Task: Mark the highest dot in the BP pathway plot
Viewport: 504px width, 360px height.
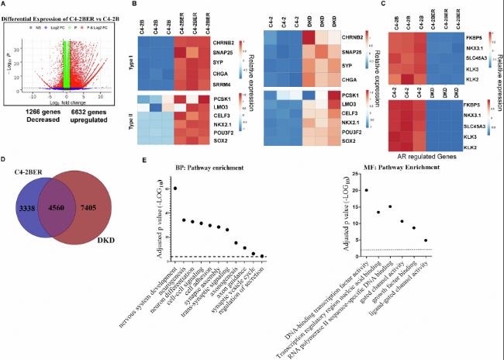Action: click(174, 189)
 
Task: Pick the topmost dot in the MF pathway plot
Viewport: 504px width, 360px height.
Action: click(366, 190)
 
